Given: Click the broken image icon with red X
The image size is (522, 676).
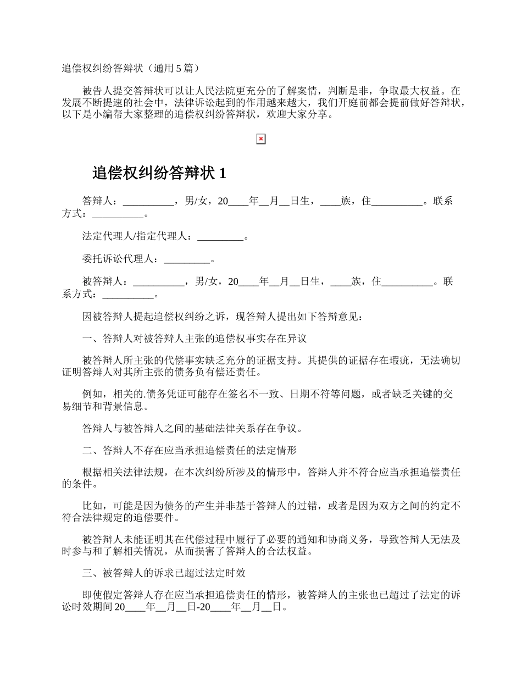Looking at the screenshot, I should pyautogui.click(x=261, y=140).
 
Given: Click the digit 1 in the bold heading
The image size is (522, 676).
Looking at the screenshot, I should pyautogui.click(x=222, y=174).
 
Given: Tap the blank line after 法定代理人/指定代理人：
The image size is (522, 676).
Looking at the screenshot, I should pyautogui.click(x=220, y=237).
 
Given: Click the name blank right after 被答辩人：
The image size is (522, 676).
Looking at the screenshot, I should pyautogui.click(x=159, y=282).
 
